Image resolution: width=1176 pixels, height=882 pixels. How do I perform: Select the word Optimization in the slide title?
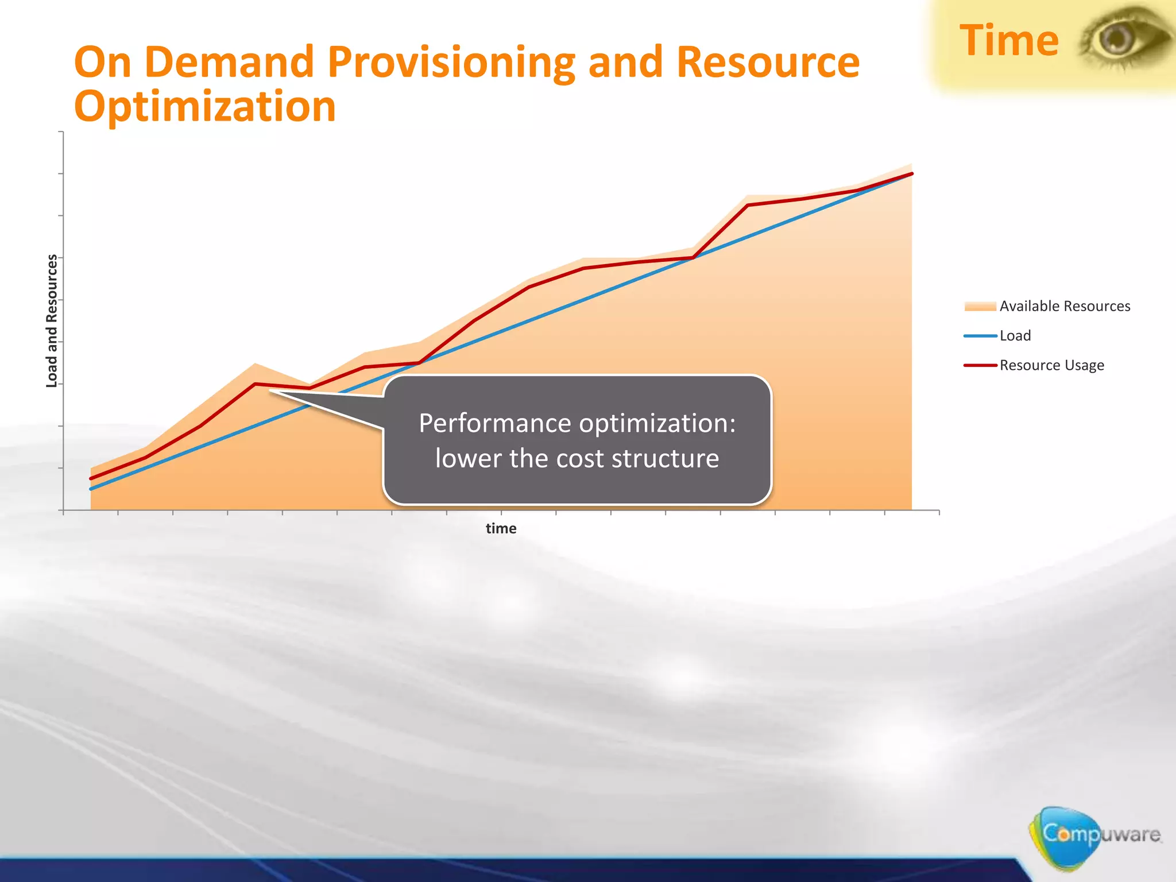pos(205,107)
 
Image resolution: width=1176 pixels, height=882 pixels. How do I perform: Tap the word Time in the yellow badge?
pos(1009,41)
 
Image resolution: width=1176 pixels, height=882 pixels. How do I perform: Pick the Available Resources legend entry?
pos(1064,306)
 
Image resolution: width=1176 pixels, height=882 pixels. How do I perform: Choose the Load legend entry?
pos(1015,336)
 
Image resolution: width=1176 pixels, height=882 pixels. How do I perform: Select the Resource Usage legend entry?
pos(1051,365)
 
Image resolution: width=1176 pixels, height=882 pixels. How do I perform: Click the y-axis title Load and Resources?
pos(52,320)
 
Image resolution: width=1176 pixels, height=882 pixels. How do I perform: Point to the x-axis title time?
pos(501,528)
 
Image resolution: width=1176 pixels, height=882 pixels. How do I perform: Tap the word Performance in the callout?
pos(496,423)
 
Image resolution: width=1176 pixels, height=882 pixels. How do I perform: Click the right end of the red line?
pos(911,174)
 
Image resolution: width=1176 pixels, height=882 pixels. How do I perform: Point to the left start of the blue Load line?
pos(91,489)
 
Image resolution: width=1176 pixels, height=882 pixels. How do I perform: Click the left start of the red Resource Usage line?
pos(91,478)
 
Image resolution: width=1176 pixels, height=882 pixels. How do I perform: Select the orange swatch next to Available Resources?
pos(980,306)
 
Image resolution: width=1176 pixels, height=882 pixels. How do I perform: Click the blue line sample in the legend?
pos(980,336)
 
